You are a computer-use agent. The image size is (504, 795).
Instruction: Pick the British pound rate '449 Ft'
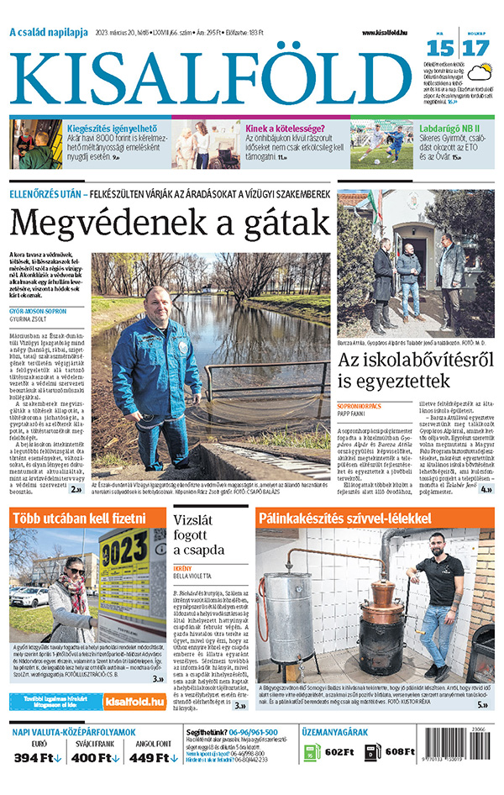(x=150, y=759)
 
